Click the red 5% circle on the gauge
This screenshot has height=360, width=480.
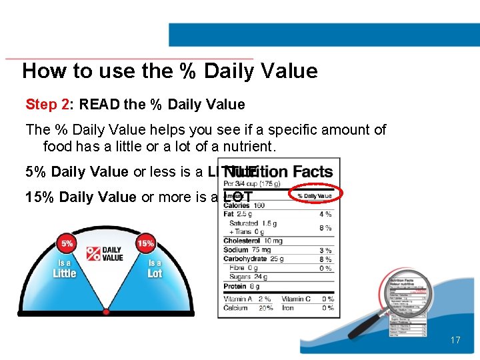tap(67, 244)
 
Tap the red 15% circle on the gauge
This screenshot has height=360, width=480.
tap(145, 244)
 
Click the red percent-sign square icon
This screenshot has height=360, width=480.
tap(93, 254)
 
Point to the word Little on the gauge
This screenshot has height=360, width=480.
tap(65, 273)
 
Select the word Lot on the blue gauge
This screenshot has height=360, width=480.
tap(155, 273)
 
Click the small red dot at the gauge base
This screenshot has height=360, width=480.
tap(106, 311)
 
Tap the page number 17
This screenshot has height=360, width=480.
tap(455, 341)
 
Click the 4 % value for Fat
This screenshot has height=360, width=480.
tap(325, 215)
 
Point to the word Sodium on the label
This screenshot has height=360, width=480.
tap(236, 250)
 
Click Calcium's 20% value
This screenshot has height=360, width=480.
tap(265, 308)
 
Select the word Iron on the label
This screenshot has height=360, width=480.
tap(289, 308)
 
